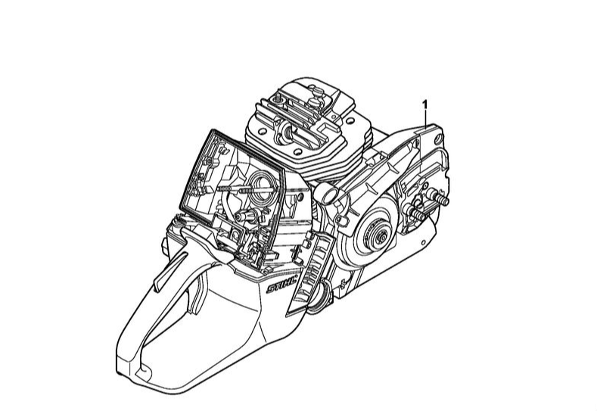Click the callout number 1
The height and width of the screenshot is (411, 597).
tap(425, 104)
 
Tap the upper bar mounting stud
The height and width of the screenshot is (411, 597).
tap(438, 197)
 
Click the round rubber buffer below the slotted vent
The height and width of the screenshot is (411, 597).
tap(319, 297)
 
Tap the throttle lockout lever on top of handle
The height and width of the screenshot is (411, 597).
tap(167, 271)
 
